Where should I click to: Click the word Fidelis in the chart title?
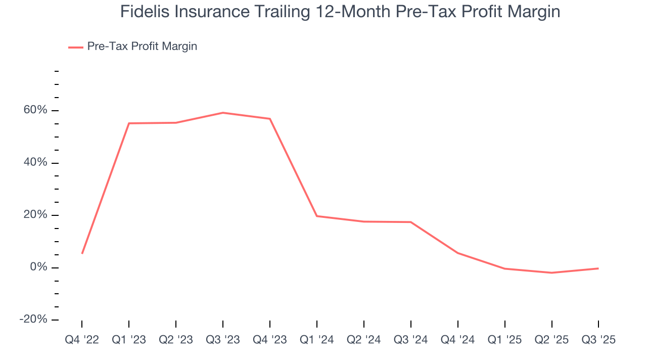pyautogui.click(x=142, y=11)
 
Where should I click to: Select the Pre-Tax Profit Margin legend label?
pyautogui.click(x=142, y=47)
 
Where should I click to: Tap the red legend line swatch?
pyautogui.click(x=75, y=47)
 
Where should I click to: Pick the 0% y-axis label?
pyautogui.click(x=38, y=267)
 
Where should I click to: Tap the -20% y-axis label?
pyautogui.click(x=33, y=320)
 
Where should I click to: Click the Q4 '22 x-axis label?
pyautogui.click(x=82, y=340)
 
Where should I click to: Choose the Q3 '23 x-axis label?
pyautogui.click(x=223, y=340)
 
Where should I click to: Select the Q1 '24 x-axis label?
pyautogui.click(x=317, y=340)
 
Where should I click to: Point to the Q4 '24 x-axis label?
pyautogui.click(x=458, y=340)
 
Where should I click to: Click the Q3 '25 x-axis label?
pyautogui.click(x=598, y=340)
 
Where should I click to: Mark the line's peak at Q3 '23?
pyautogui.click(x=223, y=113)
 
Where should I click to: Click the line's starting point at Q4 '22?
pyautogui.click(x=82, y=253)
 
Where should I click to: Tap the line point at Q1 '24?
pyautogui.click(x=317, y=216)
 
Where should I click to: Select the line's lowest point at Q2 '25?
pyautogui.click(x=551, y=272)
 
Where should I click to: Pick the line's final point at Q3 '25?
pyautogui.click(x=598, y=268)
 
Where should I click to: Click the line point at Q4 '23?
pyautogui.click(x=270, y=119)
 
